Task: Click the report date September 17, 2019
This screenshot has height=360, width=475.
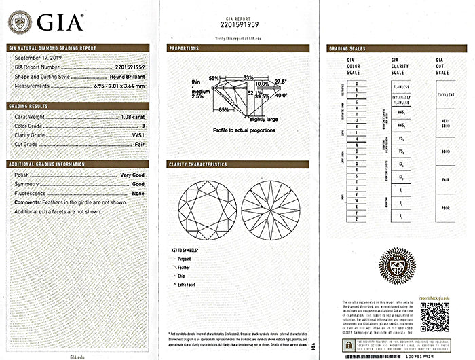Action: [x=38, y=58]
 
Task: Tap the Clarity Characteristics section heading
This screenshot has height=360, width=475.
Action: [x=201, y=164]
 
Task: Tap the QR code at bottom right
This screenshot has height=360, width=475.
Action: [x=435, y=315]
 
